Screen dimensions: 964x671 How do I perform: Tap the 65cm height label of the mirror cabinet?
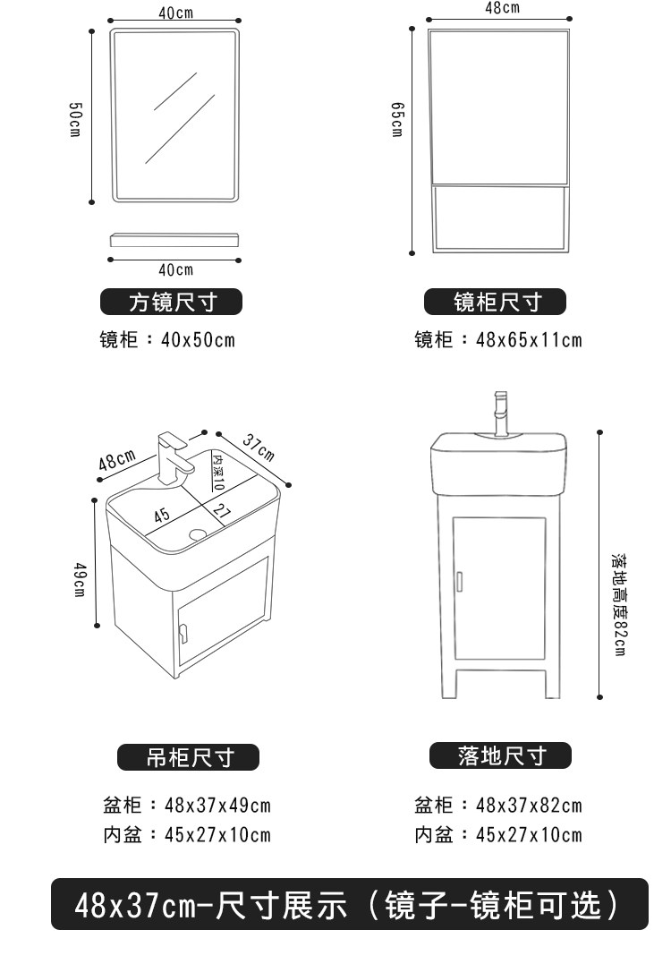397,119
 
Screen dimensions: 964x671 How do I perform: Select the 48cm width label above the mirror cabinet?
502,8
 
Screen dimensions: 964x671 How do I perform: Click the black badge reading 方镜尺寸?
172,303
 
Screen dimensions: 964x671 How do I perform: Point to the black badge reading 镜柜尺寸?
496,303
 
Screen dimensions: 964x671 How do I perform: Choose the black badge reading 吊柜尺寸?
189,757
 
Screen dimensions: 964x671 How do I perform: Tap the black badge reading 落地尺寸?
500,756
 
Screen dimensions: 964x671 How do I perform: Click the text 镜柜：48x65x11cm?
497,340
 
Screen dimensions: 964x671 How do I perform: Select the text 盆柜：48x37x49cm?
186,806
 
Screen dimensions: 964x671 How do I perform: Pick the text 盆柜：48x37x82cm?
497,806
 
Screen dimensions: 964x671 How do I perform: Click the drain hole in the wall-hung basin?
198,535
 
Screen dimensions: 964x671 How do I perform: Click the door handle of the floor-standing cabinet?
459,580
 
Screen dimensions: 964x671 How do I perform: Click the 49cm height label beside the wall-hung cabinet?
79,581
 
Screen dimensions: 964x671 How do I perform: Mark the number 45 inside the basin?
161,516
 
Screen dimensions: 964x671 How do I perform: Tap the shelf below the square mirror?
175,240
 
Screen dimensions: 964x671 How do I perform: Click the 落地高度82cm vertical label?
617,604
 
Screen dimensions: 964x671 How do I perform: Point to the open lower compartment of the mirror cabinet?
499,217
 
